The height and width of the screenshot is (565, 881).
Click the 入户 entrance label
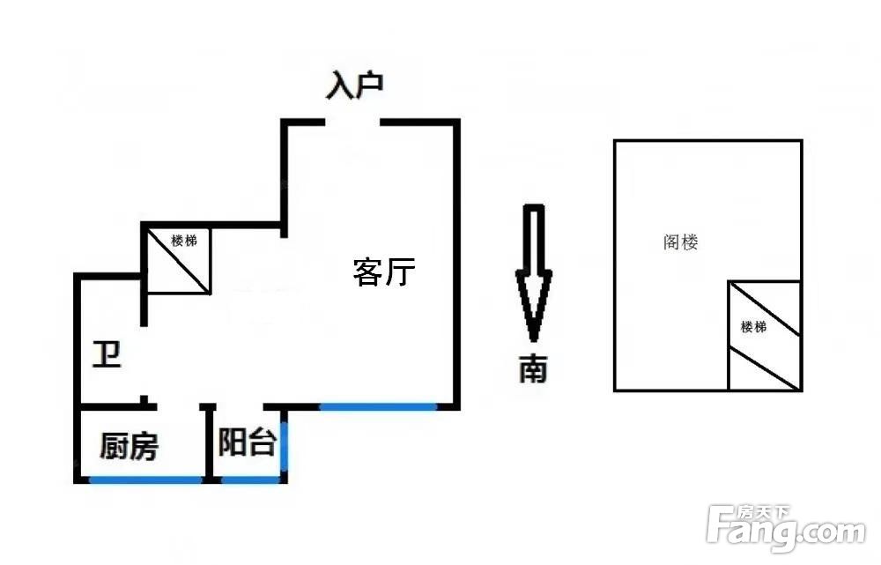(x=355, y=85)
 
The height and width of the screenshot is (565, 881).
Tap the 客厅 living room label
(x=384, y=271)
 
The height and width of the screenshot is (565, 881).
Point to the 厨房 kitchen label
(x=129, y=446)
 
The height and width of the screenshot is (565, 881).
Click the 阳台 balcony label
(x=248, y=442)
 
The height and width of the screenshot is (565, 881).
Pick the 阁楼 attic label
(x=681, y=242)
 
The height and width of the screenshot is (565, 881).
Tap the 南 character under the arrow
(x=533, y=369)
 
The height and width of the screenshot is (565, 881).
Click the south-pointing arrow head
(x=534, y=307)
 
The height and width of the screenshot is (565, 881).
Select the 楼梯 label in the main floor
(x=184, y=241)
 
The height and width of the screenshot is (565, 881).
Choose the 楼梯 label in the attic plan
(x=753, y=327)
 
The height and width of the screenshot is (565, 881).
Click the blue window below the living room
(x=378, y=405)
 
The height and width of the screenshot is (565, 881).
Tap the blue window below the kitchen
(x=145, y=480)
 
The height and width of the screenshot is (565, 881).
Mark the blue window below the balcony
(x=250, y=480)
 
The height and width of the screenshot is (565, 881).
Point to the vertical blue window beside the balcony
(x=285, y=445)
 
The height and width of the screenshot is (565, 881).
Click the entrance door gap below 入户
(x=353, y=123)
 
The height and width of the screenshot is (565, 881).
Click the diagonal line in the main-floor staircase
(x=179, y=261)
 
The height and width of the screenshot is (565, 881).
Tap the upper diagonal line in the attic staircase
(x=765, y=309)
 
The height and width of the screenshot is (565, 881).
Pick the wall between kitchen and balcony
(x=209, y=443)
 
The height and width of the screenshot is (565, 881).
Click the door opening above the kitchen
(x=179, y=405)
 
